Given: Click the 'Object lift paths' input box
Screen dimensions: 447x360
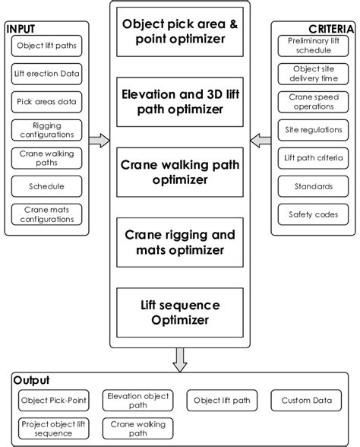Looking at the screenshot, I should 46,46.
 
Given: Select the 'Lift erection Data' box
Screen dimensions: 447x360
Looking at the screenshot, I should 46,74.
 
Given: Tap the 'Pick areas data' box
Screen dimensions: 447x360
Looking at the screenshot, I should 46,102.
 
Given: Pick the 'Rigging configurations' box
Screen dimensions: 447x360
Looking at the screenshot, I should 46,130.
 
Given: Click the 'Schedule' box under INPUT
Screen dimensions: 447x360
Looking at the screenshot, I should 46,186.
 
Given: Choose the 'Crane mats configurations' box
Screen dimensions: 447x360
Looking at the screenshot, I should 46,214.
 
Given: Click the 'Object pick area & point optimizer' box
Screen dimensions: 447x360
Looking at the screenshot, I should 180,30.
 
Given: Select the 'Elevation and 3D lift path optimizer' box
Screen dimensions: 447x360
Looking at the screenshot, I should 180,101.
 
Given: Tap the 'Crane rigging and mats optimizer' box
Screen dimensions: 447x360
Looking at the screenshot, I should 180,243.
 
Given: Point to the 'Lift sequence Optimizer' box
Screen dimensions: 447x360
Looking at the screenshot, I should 180,312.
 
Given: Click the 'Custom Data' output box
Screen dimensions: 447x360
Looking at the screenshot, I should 306,401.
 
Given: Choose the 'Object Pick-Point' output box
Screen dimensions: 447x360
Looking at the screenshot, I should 54,401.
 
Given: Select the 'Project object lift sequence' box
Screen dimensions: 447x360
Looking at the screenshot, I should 54,428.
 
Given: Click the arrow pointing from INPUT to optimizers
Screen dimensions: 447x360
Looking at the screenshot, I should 99,140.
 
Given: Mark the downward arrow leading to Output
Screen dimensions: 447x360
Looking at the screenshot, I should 180,359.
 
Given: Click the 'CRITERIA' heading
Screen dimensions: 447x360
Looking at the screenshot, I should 331,28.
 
